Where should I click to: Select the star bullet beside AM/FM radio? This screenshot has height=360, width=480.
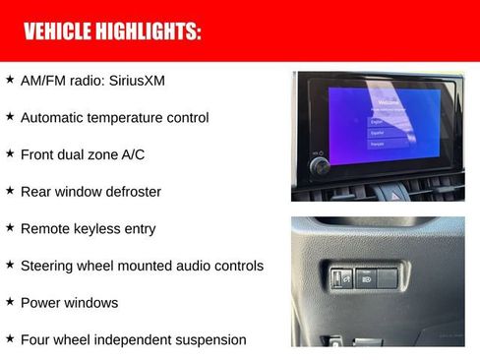click(10, 79)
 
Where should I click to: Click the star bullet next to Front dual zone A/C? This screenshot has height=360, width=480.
click(10, 153)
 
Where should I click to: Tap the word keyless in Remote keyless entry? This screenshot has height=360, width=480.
click(100, 228)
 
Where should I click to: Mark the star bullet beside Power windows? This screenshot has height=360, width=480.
click(10, 302)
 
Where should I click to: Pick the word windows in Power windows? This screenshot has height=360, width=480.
click(91, 302)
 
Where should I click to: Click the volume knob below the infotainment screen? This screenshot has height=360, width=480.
click(321, 166)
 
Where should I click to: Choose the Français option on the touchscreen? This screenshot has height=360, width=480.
click(379, 144)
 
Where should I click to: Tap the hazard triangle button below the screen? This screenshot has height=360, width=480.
click(397, 195)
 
